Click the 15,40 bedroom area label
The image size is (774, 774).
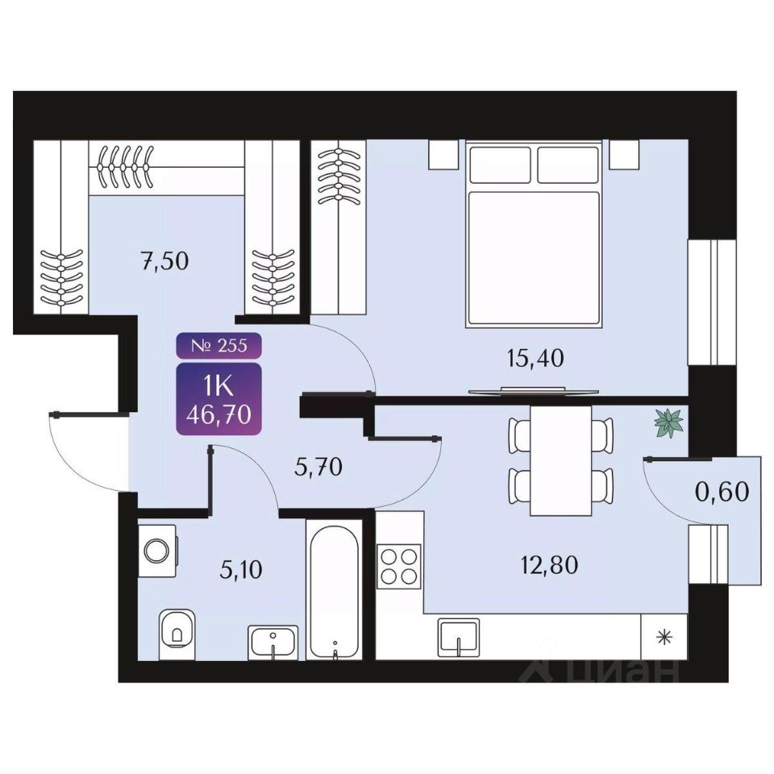click(x=535, y=358)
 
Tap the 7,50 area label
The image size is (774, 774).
click(x=164, y=261)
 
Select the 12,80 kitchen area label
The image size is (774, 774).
click(x=549, y=564)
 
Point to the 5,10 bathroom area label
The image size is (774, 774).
click(x=241, y=570)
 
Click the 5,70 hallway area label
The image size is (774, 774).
click(x=318, y=467)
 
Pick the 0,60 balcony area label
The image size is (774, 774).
click(x=722, y=491)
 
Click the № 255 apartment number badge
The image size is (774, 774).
click(x=218, y=346)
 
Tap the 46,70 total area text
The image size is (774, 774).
click(x=218, y=414)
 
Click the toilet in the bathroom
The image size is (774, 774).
click(x=177, y=634)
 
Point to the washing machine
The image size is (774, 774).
click(x=157, y=550)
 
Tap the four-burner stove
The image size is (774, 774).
click(x=399, y=566)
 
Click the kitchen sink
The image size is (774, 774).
click(x=459, y=638)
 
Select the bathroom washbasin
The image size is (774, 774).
click(x=273, y=642)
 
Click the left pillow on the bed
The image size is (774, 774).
click(x=500, y=164)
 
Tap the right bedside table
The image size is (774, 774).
click(x=624, y=155)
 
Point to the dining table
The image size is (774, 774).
click(x=561, y=460)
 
